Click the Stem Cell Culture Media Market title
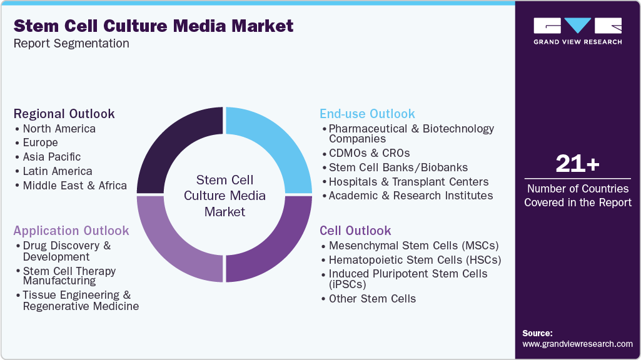click(153, 26)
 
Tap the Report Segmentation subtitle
click(71, 44)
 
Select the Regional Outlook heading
click(64, 114)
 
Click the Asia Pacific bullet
click(51, 157)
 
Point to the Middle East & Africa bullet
click(74, 186)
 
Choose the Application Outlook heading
click(71, 231)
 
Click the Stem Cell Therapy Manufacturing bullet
click(69, 276)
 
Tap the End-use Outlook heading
click(367, 114)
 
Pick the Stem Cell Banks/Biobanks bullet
click(398, 167)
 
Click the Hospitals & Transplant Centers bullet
click(408, 182)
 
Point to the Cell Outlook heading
click(355, 231)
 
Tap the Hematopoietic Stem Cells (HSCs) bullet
click(415, 260)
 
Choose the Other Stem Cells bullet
click(372, 299)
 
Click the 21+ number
click(577, 164)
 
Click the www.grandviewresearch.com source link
click(577, 344)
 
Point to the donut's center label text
click(225, 196)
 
